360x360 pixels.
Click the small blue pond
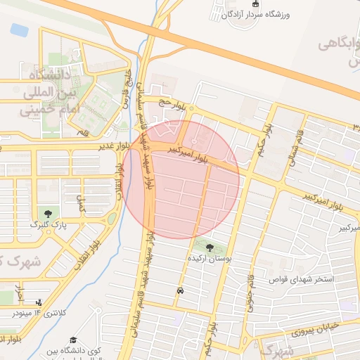(x=20, y=30)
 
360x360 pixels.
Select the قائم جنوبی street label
(x=250, y=289)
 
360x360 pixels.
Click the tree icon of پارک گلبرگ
(x=47, y=213)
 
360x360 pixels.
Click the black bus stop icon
(x=181, y=290)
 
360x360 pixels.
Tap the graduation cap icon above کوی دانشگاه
(x=68, y=337)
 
